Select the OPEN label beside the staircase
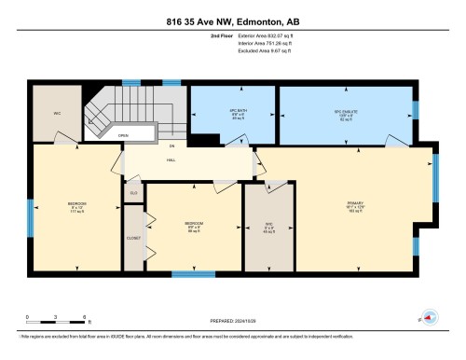pos(122,134)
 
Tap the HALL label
pos(171,159)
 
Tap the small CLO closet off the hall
pos(132,192)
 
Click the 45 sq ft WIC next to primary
pos(268,226)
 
